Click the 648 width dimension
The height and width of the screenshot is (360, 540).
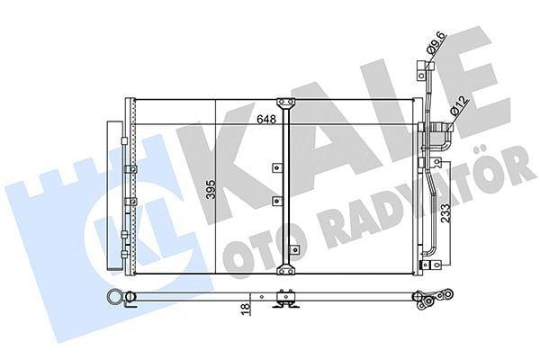coord(266,119)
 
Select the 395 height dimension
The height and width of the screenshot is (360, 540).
coord(211,189)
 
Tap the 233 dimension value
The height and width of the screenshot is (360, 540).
coord(445,213)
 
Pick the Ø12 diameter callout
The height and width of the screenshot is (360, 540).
coord(459,106)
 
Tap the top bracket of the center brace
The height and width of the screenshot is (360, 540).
coord(285,103)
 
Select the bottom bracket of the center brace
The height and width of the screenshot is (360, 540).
coord(285,269)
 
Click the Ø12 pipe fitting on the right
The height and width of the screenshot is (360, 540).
coord(442,128)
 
